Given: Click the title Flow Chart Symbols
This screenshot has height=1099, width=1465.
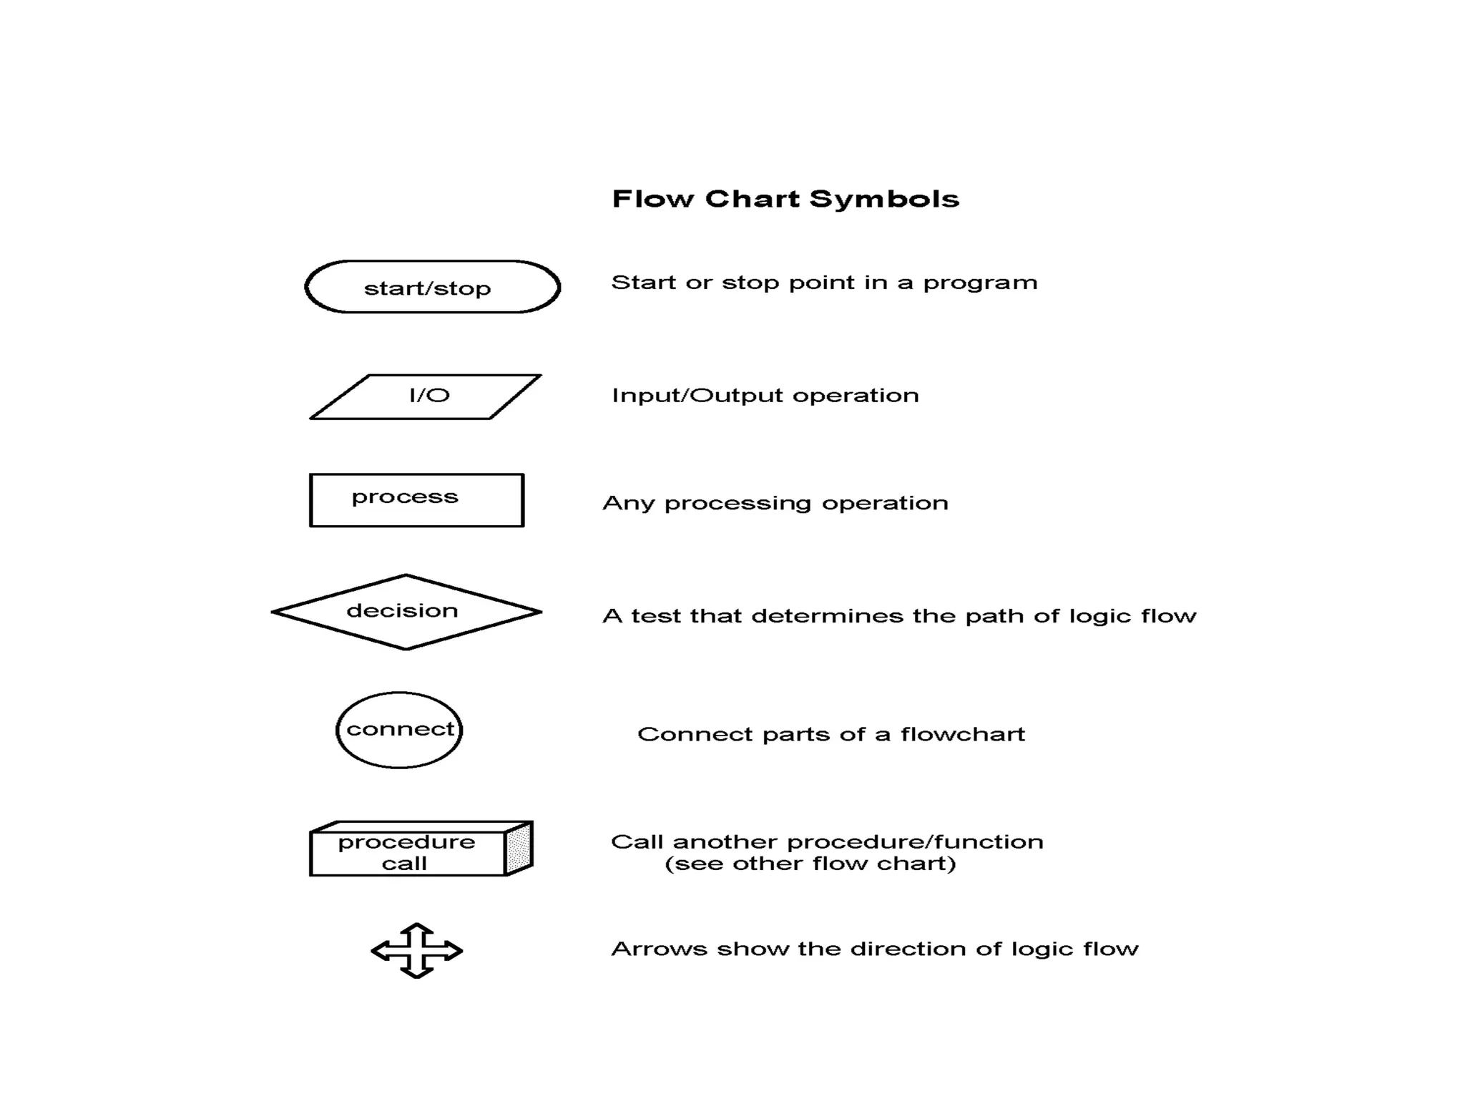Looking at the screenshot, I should coord(785,199).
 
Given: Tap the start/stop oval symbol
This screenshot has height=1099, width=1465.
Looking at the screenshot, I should coord(432,287).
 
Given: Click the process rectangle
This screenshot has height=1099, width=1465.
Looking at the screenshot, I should coord(416,500).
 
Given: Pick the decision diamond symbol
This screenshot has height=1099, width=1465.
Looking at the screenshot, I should coord(406,612).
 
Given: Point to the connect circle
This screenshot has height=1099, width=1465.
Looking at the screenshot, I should coord(399,730).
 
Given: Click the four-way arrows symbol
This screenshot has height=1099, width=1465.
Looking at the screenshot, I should coord(416,950).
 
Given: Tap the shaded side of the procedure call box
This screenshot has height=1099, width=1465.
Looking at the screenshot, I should coord(519,849).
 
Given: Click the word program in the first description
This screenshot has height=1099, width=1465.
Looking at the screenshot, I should coord(980,283).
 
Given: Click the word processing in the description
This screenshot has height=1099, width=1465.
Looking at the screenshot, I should coord(738,504).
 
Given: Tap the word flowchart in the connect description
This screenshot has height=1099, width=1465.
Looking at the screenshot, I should coord(962,735).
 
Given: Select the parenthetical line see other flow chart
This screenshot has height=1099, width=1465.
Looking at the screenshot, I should coord(810,864).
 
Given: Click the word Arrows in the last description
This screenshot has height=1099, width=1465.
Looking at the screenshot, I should coord(659,949).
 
